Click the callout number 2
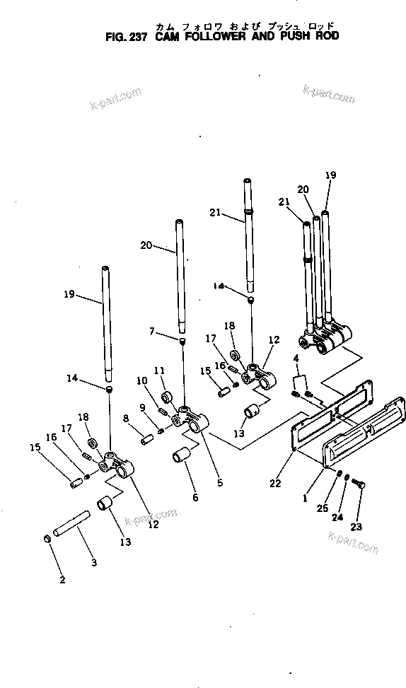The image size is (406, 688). point(62,580)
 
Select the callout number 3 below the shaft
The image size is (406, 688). point(94,563)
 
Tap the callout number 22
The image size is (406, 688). point(275,484)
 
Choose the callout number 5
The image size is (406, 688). point(220,483)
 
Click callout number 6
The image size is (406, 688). point(195,497)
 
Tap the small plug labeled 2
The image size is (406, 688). point(47,540)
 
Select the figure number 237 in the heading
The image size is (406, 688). point(134,38)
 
